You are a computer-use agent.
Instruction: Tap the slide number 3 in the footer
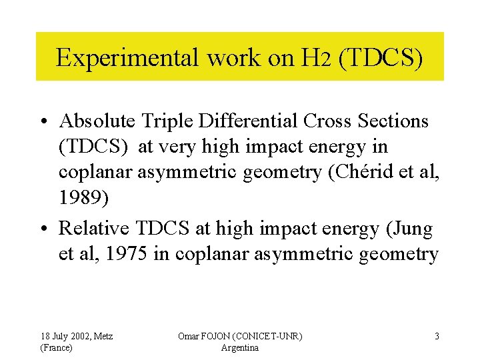437,336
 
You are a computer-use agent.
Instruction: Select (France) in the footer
57,348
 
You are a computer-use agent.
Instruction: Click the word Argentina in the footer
239,348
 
